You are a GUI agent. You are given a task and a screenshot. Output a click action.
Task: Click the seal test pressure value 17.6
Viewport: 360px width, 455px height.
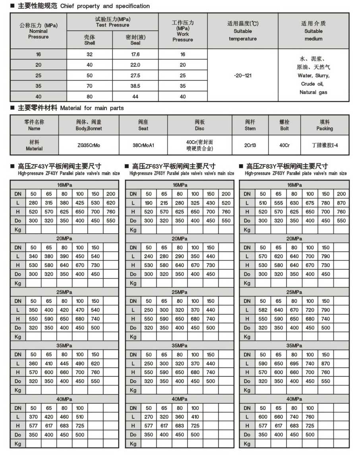[135, 54]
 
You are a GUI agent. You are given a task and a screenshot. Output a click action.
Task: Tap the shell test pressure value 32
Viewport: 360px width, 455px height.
[89, 54]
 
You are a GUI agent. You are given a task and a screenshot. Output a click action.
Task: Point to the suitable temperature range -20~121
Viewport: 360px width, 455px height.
[242, 75]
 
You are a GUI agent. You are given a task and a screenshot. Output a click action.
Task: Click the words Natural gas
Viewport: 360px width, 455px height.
[314, 92]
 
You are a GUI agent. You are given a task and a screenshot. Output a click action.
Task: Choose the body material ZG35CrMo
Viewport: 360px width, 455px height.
[89, 145]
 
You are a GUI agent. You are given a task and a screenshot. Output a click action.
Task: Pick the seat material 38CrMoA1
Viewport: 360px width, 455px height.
[143, 145]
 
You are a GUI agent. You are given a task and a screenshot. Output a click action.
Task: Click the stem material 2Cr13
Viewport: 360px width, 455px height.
[251, 145]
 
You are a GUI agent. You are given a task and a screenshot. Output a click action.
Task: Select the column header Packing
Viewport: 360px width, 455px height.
[325, 129]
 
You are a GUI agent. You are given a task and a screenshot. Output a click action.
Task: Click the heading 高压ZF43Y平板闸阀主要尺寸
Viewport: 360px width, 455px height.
[60, 166]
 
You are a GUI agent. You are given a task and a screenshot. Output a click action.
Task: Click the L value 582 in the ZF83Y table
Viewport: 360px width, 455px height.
[263, 310]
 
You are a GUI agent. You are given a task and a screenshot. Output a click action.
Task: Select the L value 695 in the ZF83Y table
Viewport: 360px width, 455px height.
[294, 364]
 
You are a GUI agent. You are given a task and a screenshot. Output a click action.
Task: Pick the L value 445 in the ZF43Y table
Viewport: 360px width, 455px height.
[64, 364]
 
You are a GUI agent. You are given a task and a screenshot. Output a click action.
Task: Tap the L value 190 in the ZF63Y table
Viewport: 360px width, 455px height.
[149, 203]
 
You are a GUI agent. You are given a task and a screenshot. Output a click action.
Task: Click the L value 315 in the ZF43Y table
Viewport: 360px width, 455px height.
[49, 203]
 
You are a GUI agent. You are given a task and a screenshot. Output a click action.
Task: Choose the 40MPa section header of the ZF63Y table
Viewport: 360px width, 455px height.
[180, 399]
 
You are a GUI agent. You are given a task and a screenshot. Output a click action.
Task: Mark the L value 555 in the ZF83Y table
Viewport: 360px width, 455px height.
[279, 203]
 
